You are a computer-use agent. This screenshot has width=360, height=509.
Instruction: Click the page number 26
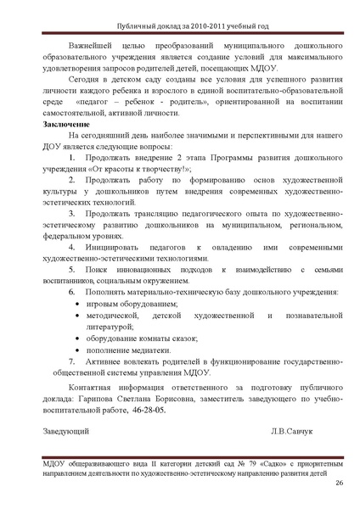tap(339, 484)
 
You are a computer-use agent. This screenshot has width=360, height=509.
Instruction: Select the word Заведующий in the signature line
tap(67, 431)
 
